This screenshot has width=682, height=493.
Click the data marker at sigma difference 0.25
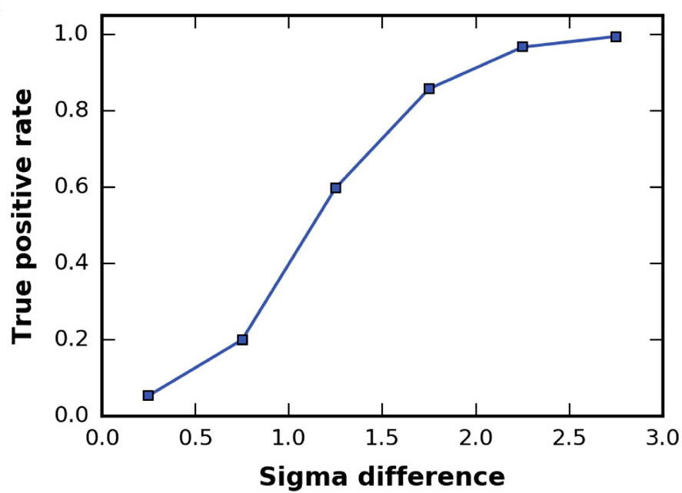pyautogui.click(x=148, y=395)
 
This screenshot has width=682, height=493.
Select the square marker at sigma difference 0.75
pyautogui.click(x=242, y=339)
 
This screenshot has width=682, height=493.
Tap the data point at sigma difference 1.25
pyautogui.click(x=335, y=187)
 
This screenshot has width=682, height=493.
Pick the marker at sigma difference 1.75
pyautogui.click(x=429, y=88)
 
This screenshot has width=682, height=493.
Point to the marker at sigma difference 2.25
pyautogui.click(x=522, y=47)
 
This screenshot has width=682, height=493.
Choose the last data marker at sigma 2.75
pyautogui.click(x=616, y=37)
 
